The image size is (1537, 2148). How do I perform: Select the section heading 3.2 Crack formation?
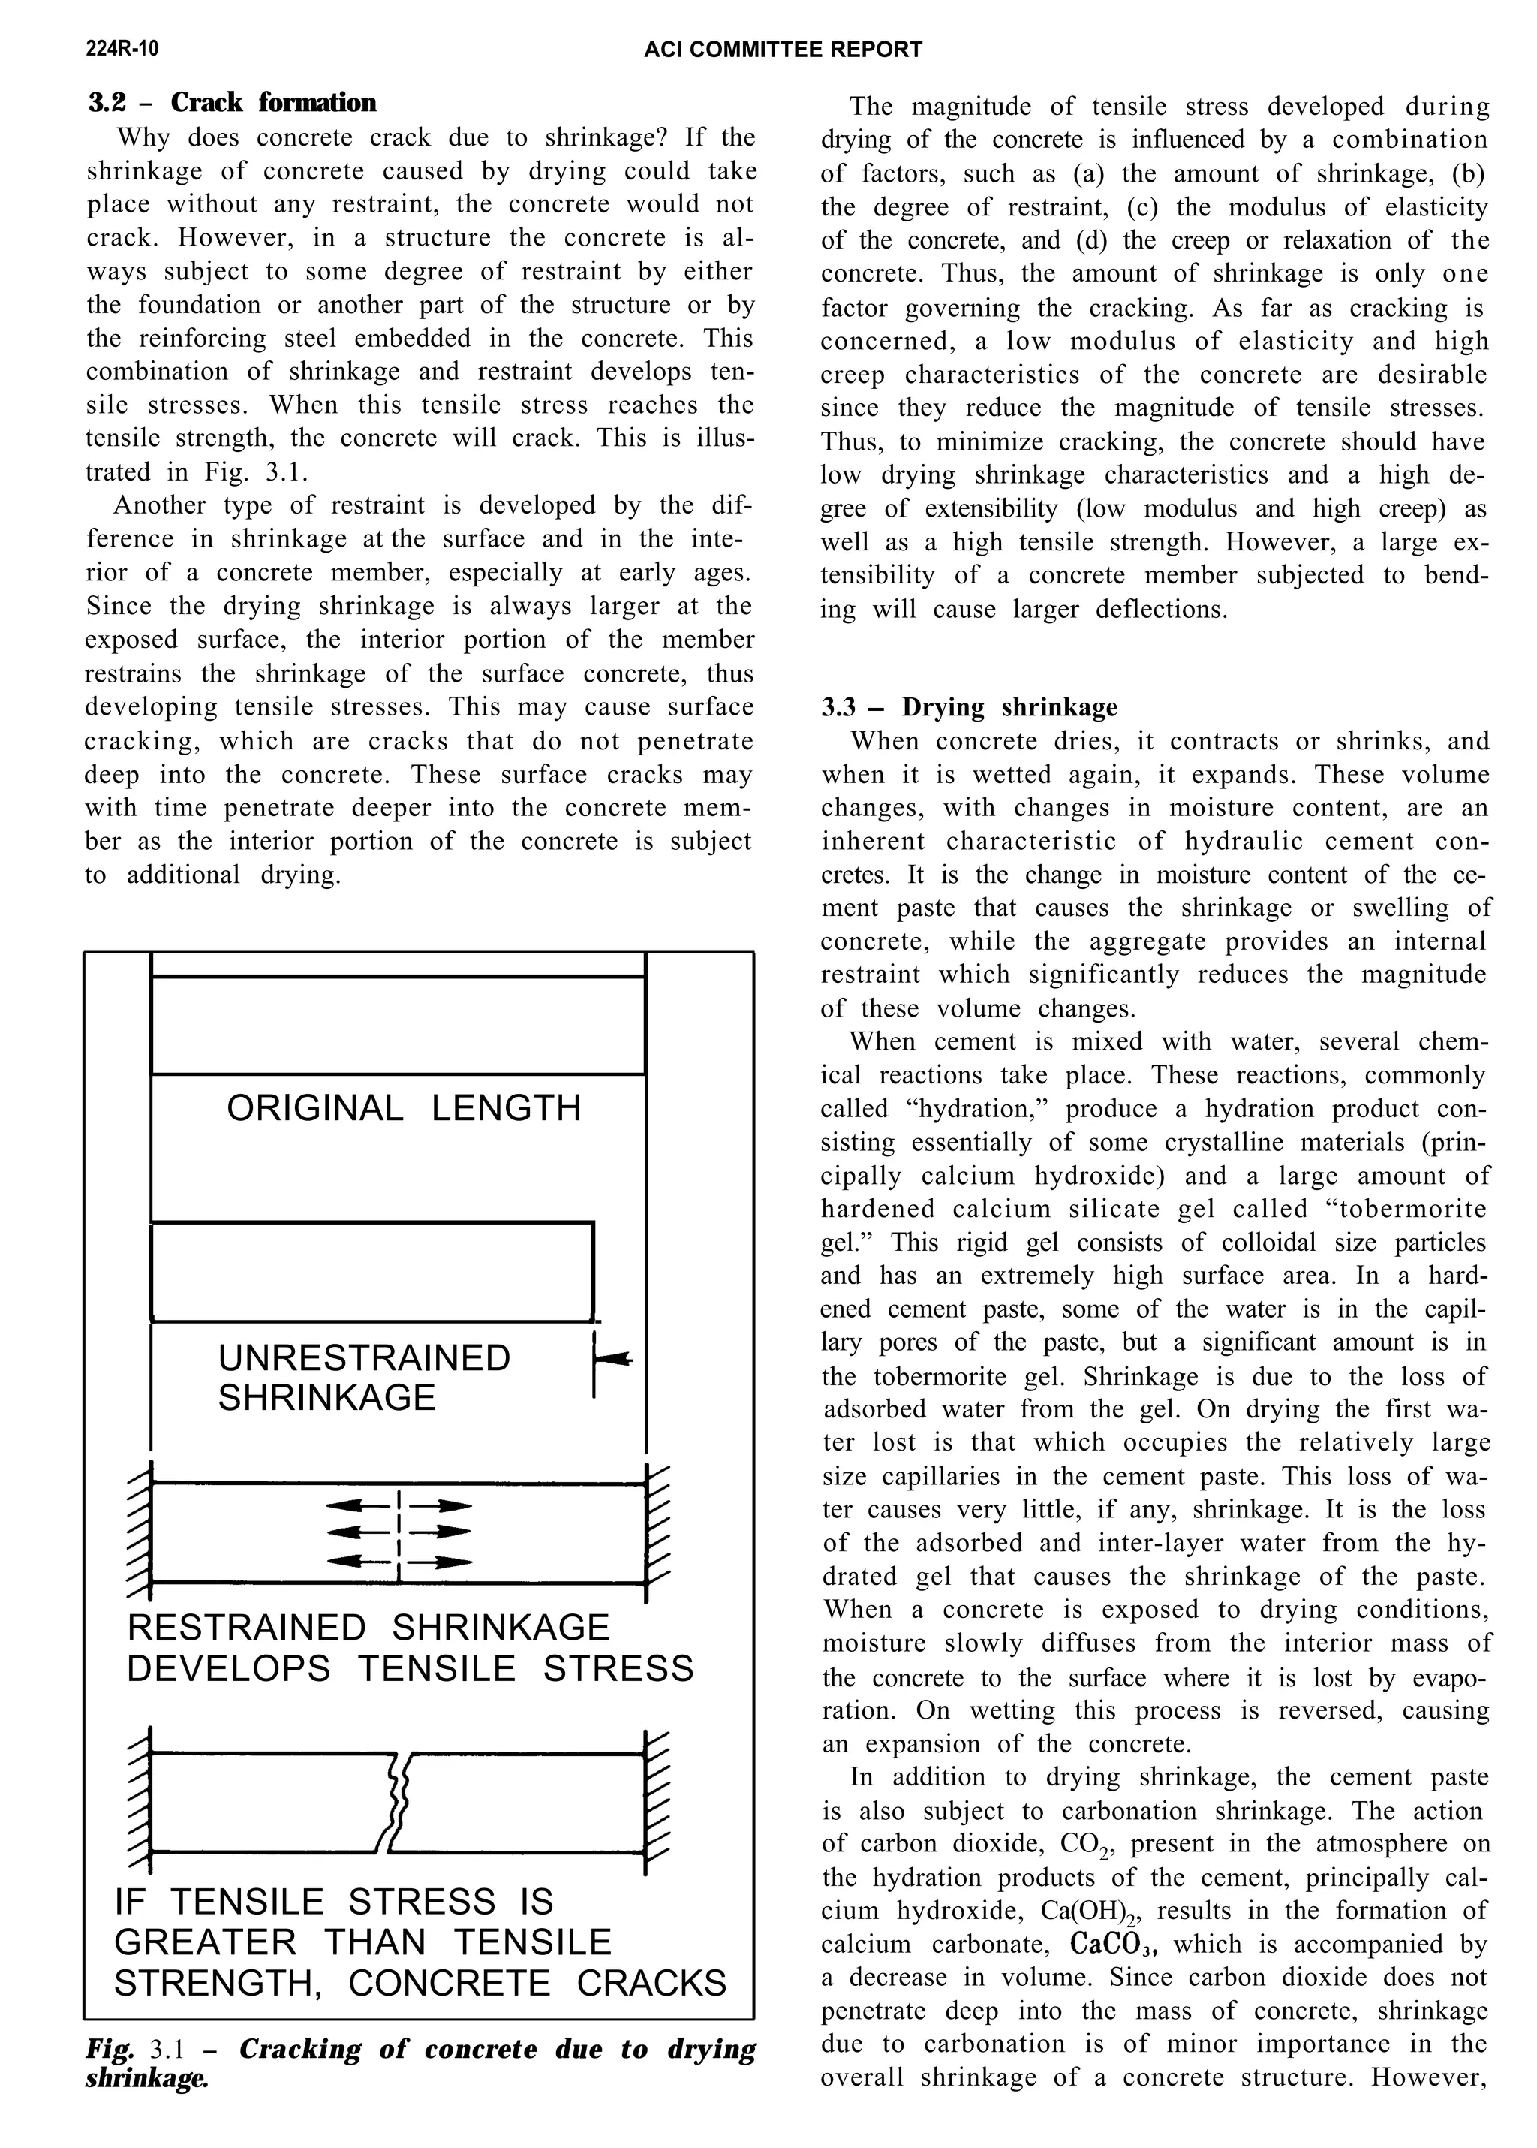pos(232,103)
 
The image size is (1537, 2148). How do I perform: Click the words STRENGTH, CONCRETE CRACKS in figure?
pos(420,1984)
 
